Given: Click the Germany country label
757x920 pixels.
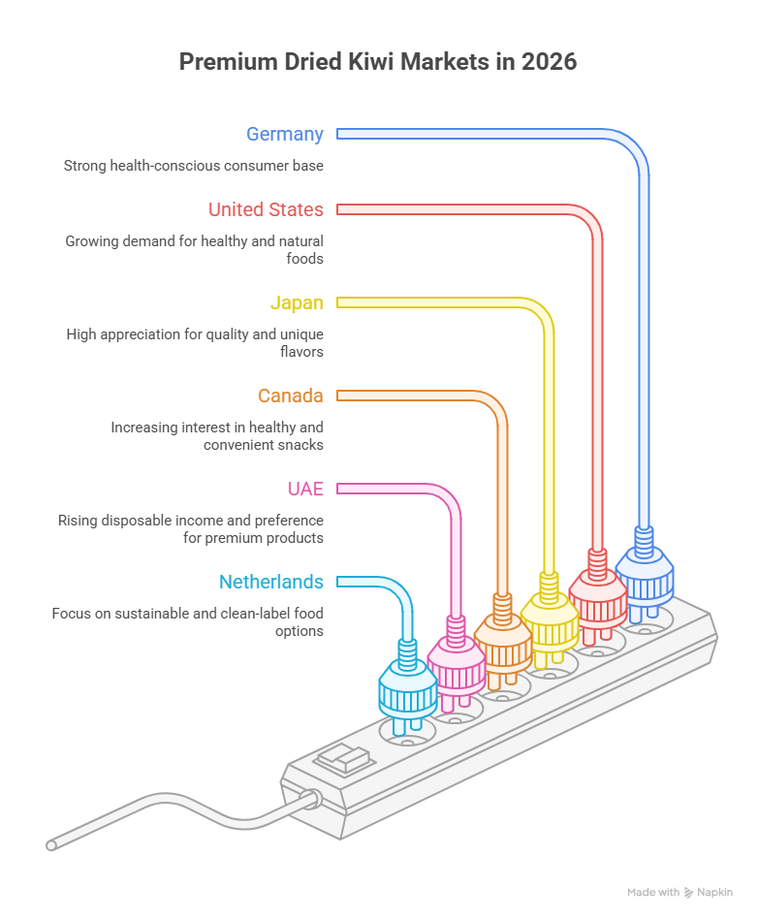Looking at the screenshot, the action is [x=285, y=135].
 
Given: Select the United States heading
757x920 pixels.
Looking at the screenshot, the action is [x=266, y=209].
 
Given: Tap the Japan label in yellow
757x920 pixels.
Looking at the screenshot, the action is [x=297, y=302].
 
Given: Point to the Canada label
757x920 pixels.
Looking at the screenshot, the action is [x=291, y=397].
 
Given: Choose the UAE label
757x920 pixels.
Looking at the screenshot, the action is [x=305, y=489].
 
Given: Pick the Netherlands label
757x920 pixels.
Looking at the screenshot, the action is [x=271, y=582].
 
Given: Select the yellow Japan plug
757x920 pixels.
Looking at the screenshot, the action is [x=550, y=620].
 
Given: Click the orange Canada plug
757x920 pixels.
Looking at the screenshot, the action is [x=503, y=642].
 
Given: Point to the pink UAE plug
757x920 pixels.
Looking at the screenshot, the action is [x=457, y=665].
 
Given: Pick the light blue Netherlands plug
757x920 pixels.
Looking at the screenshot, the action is [x=408, y=687].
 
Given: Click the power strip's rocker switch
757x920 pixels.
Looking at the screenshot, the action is [x=344, y=759].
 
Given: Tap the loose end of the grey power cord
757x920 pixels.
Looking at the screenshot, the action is [x=51, y=845].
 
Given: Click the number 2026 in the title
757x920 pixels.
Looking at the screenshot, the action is [x=550, y=62].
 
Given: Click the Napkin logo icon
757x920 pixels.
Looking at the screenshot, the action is [x=689, y=893].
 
